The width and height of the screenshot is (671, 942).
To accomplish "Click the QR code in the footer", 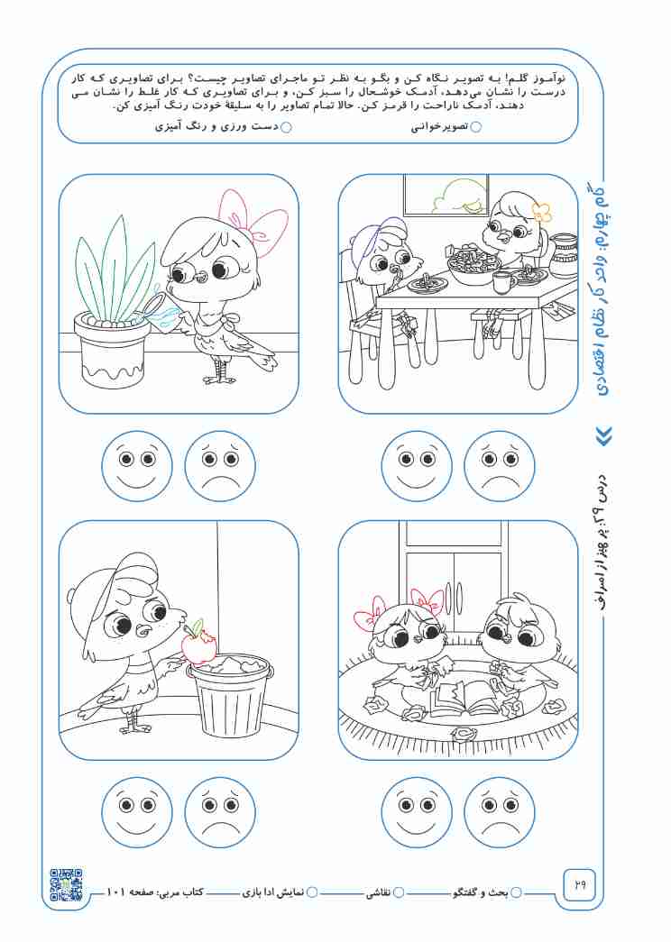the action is [66, 884].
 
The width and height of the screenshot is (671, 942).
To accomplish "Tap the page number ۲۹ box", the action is [579, 885].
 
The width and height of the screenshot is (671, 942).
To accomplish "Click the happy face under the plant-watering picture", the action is [137, 466].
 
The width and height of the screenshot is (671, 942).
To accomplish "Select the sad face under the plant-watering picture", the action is [220, 466].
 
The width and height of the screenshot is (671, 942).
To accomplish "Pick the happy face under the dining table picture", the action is [417, 466].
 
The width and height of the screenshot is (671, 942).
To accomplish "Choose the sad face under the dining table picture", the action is [500, 466].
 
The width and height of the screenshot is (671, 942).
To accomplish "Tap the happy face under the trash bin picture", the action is [137, 812].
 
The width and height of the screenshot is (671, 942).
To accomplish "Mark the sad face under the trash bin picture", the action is [220, 812].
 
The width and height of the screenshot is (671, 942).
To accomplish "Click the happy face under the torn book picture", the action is [417, 812].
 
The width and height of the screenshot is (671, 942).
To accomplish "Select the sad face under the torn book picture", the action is [500, 812].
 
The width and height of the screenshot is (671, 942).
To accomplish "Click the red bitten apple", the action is [198, 644].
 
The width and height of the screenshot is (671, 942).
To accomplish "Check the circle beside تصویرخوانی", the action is [475, 127].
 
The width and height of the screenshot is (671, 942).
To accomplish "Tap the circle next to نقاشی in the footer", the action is [398, 892].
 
